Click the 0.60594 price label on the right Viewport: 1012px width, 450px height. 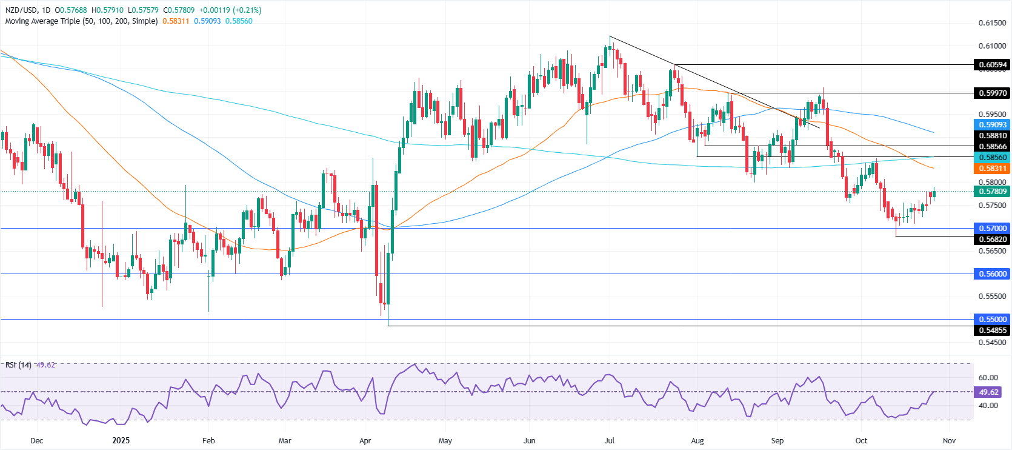pos(992,65)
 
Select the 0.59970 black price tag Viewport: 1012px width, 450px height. pos(992,93)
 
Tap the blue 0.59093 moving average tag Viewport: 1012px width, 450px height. pos(992,125)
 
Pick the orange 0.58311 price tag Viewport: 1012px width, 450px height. pos(992,169)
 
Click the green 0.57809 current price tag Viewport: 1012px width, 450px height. pos(992,192)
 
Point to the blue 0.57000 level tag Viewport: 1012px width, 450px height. pos(992,229)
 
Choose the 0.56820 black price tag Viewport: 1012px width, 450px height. pos(992,240)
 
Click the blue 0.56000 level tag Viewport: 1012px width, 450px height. pos(992,274)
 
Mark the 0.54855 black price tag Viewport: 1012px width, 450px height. pos(992,331)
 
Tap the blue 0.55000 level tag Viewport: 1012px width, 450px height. pos(992,320)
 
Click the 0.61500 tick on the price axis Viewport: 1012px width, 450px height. pos(992,23)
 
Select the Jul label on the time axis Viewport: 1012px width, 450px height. pos(610,441)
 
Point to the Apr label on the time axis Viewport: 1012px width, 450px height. pos(365,441)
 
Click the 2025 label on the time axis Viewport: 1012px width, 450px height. pos(121,441)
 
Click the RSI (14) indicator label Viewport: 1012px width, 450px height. pos(18,365)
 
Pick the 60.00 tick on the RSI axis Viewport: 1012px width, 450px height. pos(988,378)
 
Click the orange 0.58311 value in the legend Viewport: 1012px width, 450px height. pos(176,21)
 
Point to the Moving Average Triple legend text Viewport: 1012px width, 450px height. pos(81,21)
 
